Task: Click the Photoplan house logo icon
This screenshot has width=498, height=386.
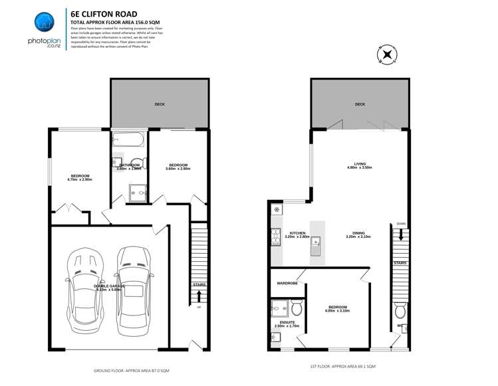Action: (44, 22)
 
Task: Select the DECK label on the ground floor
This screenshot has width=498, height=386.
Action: (160, 104)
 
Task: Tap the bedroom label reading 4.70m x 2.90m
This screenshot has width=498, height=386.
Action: (79, 177)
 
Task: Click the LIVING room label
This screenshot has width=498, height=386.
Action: (359, 166)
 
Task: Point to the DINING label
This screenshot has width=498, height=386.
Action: (358, 235)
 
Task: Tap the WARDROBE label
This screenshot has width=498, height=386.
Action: (287, 284)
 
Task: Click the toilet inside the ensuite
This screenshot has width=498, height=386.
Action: (297, 308)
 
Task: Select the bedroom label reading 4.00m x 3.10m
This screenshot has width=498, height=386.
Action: (337, 309)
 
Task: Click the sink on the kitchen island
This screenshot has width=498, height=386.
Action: (316, 241)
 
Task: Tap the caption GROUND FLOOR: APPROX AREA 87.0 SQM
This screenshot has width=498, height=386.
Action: (131, 369)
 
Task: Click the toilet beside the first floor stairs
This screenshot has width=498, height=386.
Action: (400, 310)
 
